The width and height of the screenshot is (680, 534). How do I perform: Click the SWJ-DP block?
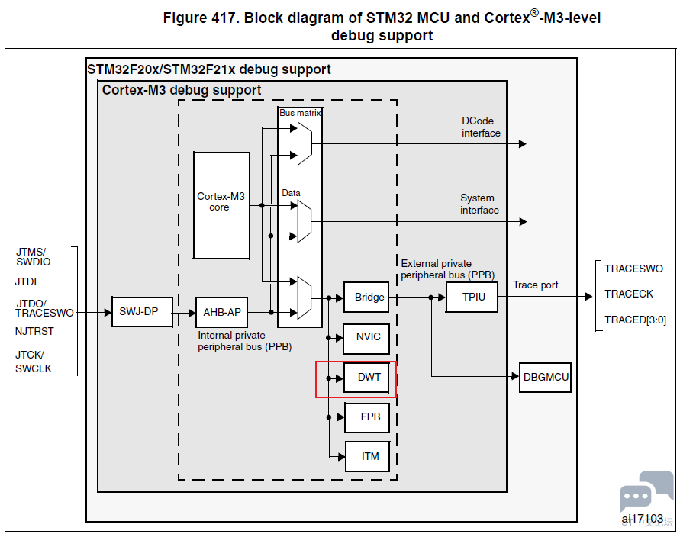[x=138, y=311]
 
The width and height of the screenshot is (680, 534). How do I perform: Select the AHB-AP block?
[x=222, y=312]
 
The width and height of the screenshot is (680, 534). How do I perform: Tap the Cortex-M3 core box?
[x=221, y=205]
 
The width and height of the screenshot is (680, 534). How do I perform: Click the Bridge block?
[x=369, y=297]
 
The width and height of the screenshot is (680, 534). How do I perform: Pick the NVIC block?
[x=368, y=336]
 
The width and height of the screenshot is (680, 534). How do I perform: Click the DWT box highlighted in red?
[x=369, y=377]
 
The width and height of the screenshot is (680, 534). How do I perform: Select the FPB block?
[x=370, y=417]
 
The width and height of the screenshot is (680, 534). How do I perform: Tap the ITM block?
[x=370, y=456]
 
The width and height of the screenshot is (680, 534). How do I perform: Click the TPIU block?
[x=472, y=297]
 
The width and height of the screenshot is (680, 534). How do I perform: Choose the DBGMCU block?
[x=546, y=377]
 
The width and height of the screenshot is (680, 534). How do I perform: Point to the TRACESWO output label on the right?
[x=633, y=269]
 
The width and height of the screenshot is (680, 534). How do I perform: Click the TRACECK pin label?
[x=629, y=294]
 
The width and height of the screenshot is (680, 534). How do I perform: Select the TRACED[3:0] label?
[x=635, y=320]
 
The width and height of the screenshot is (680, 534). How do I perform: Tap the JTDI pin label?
[x=26, y=281]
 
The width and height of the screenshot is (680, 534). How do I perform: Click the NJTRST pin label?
[x=34, y=332]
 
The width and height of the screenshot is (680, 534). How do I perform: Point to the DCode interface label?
[x=481, y=127]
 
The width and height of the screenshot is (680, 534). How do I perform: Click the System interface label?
[x=479, y=204]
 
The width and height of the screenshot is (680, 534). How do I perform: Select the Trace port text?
[x=535, y=285]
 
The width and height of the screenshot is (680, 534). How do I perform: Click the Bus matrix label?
[x=300, y=112]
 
